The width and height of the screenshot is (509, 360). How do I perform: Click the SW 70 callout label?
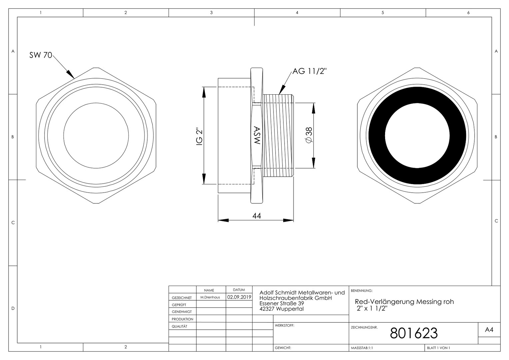(41, 55)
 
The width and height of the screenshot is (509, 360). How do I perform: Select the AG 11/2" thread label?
(309, 71)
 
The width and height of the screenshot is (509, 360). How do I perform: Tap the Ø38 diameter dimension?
(309, 135)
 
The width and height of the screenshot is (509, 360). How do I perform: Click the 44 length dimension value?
(256, 216)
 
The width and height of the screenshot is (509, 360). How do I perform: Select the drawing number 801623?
(414, 333)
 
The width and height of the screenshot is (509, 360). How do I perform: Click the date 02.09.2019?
(239, 297)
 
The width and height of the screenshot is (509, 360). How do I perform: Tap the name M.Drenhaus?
(210, 297)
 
